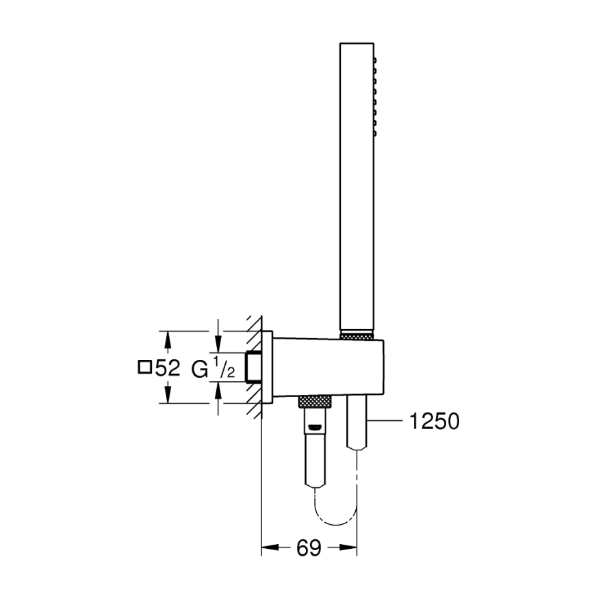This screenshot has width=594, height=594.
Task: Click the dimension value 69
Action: coord(309,547)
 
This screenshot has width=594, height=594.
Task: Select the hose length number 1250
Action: coord(434,421)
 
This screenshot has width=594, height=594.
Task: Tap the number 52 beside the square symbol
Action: coord(168,368)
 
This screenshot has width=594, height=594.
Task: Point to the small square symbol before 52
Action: coord(144,367)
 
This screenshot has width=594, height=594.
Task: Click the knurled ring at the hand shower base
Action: coord(357,335)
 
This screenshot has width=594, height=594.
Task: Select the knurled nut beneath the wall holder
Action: coord(314,400)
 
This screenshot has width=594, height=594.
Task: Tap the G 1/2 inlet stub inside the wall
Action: coord(255,367)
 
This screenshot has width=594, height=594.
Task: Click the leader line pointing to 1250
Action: coord(387,421)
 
